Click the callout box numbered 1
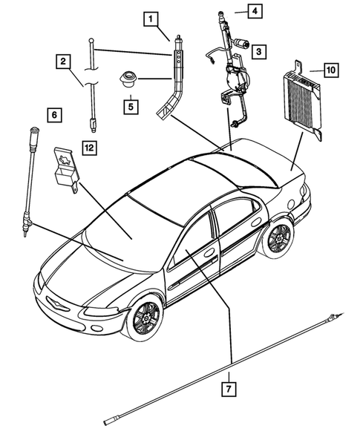tap(151, 16)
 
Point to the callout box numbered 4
tap(253, 11)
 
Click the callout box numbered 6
tap(52, 115)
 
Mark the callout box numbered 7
tap(231, 387)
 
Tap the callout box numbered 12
tap(89, 148)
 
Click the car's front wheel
tap(143, 320)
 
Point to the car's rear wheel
tap(278, 238)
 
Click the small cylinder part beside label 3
tap(241, 45)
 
